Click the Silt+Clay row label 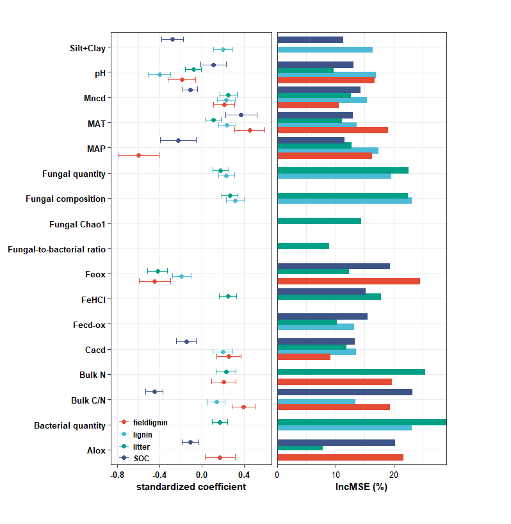[87, 48]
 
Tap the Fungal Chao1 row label [77, 224]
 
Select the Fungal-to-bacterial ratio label [56, 249]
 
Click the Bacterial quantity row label [69, 425]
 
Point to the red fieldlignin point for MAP [138, 155]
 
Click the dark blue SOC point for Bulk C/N [154, 391]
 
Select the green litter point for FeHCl [228, 296]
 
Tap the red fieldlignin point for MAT [250, 130]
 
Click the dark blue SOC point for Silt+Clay [172, 39]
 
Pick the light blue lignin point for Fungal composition [235, 201]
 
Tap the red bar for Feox [348, 281]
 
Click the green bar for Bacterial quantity [362, 422]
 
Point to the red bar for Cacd [304, 357]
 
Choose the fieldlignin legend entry [150, 422]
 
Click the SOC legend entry [141, 458]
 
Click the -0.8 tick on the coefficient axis [117, 475]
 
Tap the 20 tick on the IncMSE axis [394, 475]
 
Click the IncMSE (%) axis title [361, 487]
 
